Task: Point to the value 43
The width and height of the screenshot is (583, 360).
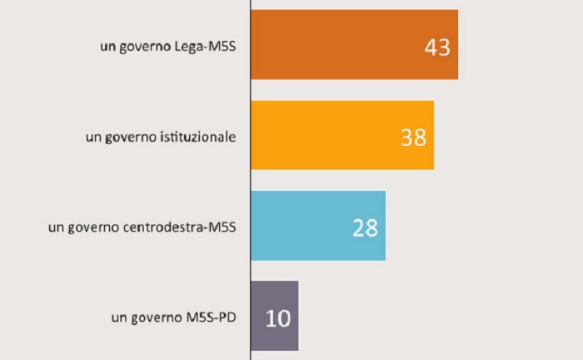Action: pos(436,47)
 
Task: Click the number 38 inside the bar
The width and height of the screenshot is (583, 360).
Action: pos(413,137)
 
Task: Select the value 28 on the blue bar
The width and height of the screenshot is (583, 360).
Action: pos(365,227)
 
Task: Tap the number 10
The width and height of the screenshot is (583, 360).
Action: pos(277,317)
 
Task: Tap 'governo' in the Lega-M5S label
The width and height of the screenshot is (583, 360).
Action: pos(143,47)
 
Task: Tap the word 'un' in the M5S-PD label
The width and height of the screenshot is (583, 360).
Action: pos(117,318)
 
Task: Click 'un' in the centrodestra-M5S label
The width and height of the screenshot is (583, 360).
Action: pos(57,227)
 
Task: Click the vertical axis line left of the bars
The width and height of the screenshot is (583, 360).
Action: pos(251,180)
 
